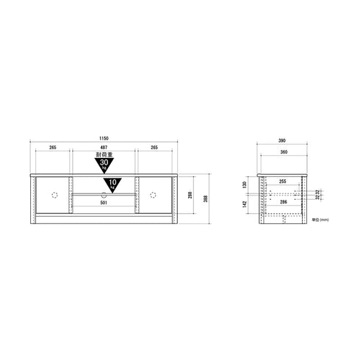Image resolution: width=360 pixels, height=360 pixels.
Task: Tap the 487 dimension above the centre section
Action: point(103,148)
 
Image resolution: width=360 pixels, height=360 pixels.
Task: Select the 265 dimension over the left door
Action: point(53,148)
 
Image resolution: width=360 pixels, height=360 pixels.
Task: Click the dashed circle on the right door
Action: point(154,195)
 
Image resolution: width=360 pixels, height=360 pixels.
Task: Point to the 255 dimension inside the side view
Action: point(283,181)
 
